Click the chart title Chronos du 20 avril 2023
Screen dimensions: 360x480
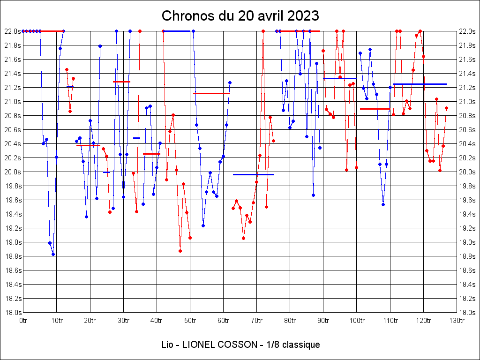tap(240, 15)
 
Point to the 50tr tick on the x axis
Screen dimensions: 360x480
tap(190, 321)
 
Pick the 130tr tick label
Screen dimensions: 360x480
tap(457, 321)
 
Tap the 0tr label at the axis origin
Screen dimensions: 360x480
tap(23, 321)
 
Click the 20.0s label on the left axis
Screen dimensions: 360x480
tap(12, 172)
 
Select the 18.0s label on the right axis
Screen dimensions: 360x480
tap(468, 313)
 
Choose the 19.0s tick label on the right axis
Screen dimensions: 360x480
tap(468, 242)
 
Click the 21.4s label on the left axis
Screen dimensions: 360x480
tap(12, 74)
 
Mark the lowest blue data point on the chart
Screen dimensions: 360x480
tap(53, 254)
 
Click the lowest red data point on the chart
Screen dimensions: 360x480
tap(180, 251)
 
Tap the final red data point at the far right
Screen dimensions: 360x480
tap(446, 108)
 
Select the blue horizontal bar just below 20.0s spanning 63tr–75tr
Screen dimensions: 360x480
tap(253, 174)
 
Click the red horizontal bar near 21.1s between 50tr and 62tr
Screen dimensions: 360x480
tap(211, 93)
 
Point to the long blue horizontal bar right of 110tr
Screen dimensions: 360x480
tap(420, 84)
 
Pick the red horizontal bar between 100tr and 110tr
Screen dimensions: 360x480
tap(375, 109)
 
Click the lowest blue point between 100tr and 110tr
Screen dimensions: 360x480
tap(383, 204)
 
